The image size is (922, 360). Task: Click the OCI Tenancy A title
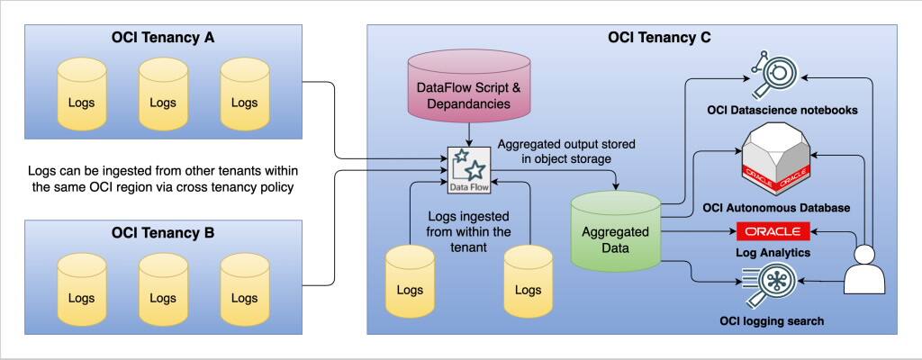click(163, 38)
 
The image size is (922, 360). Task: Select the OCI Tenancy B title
click(163, 233)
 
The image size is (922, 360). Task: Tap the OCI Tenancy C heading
click(634, 38)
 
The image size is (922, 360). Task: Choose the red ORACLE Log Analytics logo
click(773, 232)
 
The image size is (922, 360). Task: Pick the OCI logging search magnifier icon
click(772, 287)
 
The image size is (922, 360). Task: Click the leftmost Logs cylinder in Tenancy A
click(81, 96)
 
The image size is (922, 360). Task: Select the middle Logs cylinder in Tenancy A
click(163, 96)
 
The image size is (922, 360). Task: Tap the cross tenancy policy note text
click(163, 178)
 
